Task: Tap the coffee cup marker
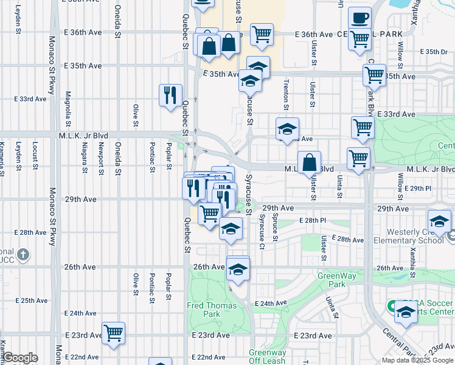(x=359, y=17)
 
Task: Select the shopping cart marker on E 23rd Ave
(x=113, y=333)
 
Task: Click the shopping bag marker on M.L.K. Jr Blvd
(x=309, y=162)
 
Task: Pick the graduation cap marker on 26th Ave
(x=238, y=268)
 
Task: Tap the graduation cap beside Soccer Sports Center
(x=405, y=313)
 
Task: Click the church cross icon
(x=23, y=254)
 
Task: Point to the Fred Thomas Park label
(x=203, y=310)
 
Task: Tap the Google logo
(x=19, y=358)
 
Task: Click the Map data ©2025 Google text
(x=417, y=360)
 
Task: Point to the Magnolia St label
(x=68, y=105)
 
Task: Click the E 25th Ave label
(x=32, y=301)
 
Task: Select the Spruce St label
(x=275, y=228)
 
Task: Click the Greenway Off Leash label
(x=268, y=356)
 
